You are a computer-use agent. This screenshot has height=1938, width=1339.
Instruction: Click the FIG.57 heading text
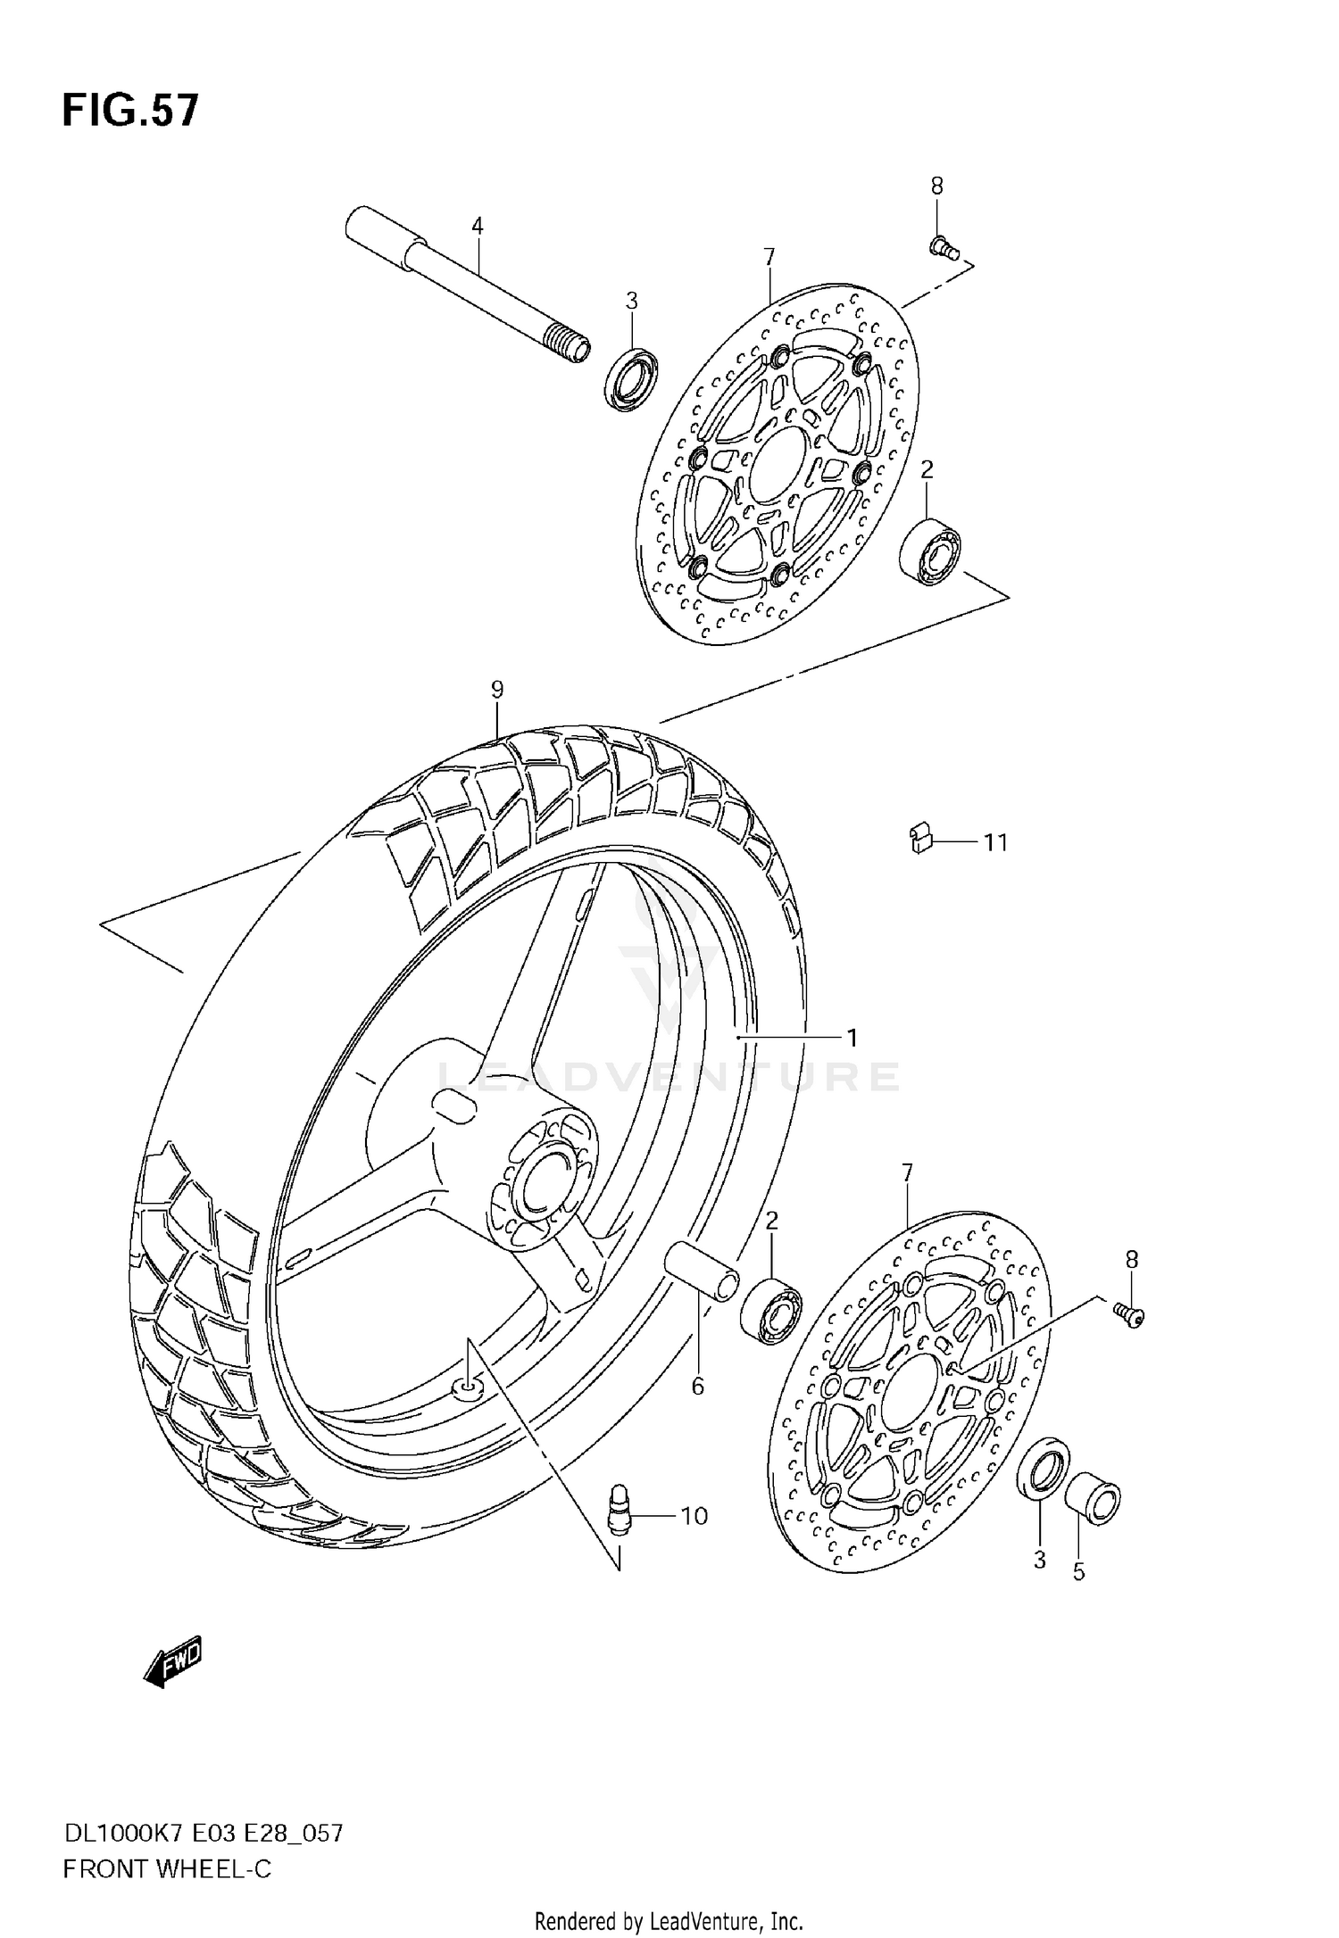pyautogui.click(x=130, y=112)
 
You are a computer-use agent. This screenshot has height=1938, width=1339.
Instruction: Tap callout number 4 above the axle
pyautogui.click(x=478, y=226)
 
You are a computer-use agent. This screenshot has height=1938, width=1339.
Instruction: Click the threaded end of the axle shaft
pyautogui.click(x=569, y=344)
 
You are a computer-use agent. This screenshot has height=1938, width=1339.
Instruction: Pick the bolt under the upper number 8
pyautogui.click(x=943, y=247)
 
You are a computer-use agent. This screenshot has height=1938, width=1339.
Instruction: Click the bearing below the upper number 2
pyautogui.click(x=929, y=551)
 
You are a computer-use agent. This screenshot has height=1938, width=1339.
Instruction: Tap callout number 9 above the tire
pyautogui.click(x=497, y=689)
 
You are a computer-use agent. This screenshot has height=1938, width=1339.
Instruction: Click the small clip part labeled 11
pyautogui.click(x=919, y=839)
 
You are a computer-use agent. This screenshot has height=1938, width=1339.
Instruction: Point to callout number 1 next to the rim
pyautogui.click(x=852, y=1037)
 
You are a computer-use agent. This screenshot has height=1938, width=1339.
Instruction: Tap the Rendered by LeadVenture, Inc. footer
pyautogui.click(x=669, y=1920)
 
